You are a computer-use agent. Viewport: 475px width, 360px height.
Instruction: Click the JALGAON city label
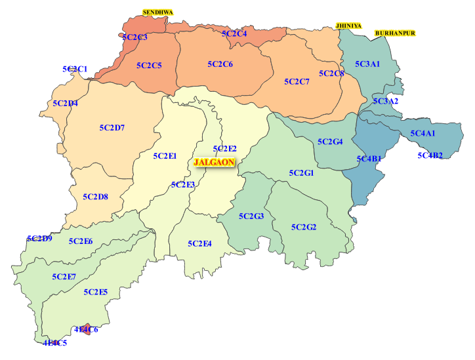click(213, 162)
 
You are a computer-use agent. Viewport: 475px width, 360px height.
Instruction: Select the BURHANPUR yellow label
click(395, 33)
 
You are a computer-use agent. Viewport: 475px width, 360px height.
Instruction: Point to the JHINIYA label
click(348, 25)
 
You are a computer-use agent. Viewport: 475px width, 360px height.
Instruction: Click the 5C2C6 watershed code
click(220, 64)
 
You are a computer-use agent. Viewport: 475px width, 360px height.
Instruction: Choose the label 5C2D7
click(112, 127)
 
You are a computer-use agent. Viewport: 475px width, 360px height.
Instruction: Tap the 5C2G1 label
click(302, 173)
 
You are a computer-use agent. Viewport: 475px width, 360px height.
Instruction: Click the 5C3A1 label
click(367, 64)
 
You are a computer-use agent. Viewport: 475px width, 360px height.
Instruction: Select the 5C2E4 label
click(199, 244)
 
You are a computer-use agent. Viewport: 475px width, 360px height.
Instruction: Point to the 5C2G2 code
click(304, 228)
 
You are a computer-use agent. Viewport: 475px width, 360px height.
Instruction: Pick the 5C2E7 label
click(64, 276)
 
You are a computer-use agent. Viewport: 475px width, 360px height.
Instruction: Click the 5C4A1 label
click(423, 134)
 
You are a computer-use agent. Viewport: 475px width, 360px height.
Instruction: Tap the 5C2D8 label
click(96, 197)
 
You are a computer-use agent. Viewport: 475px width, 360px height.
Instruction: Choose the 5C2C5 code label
click(149, 66)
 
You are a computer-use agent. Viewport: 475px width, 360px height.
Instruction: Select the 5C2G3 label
click(251, 216)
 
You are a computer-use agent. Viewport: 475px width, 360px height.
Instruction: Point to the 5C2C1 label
click(75, 69)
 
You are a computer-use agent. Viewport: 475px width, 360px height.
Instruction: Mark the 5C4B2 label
click(430, 156)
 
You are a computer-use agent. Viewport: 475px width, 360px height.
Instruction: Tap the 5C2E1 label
click(165, 156)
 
